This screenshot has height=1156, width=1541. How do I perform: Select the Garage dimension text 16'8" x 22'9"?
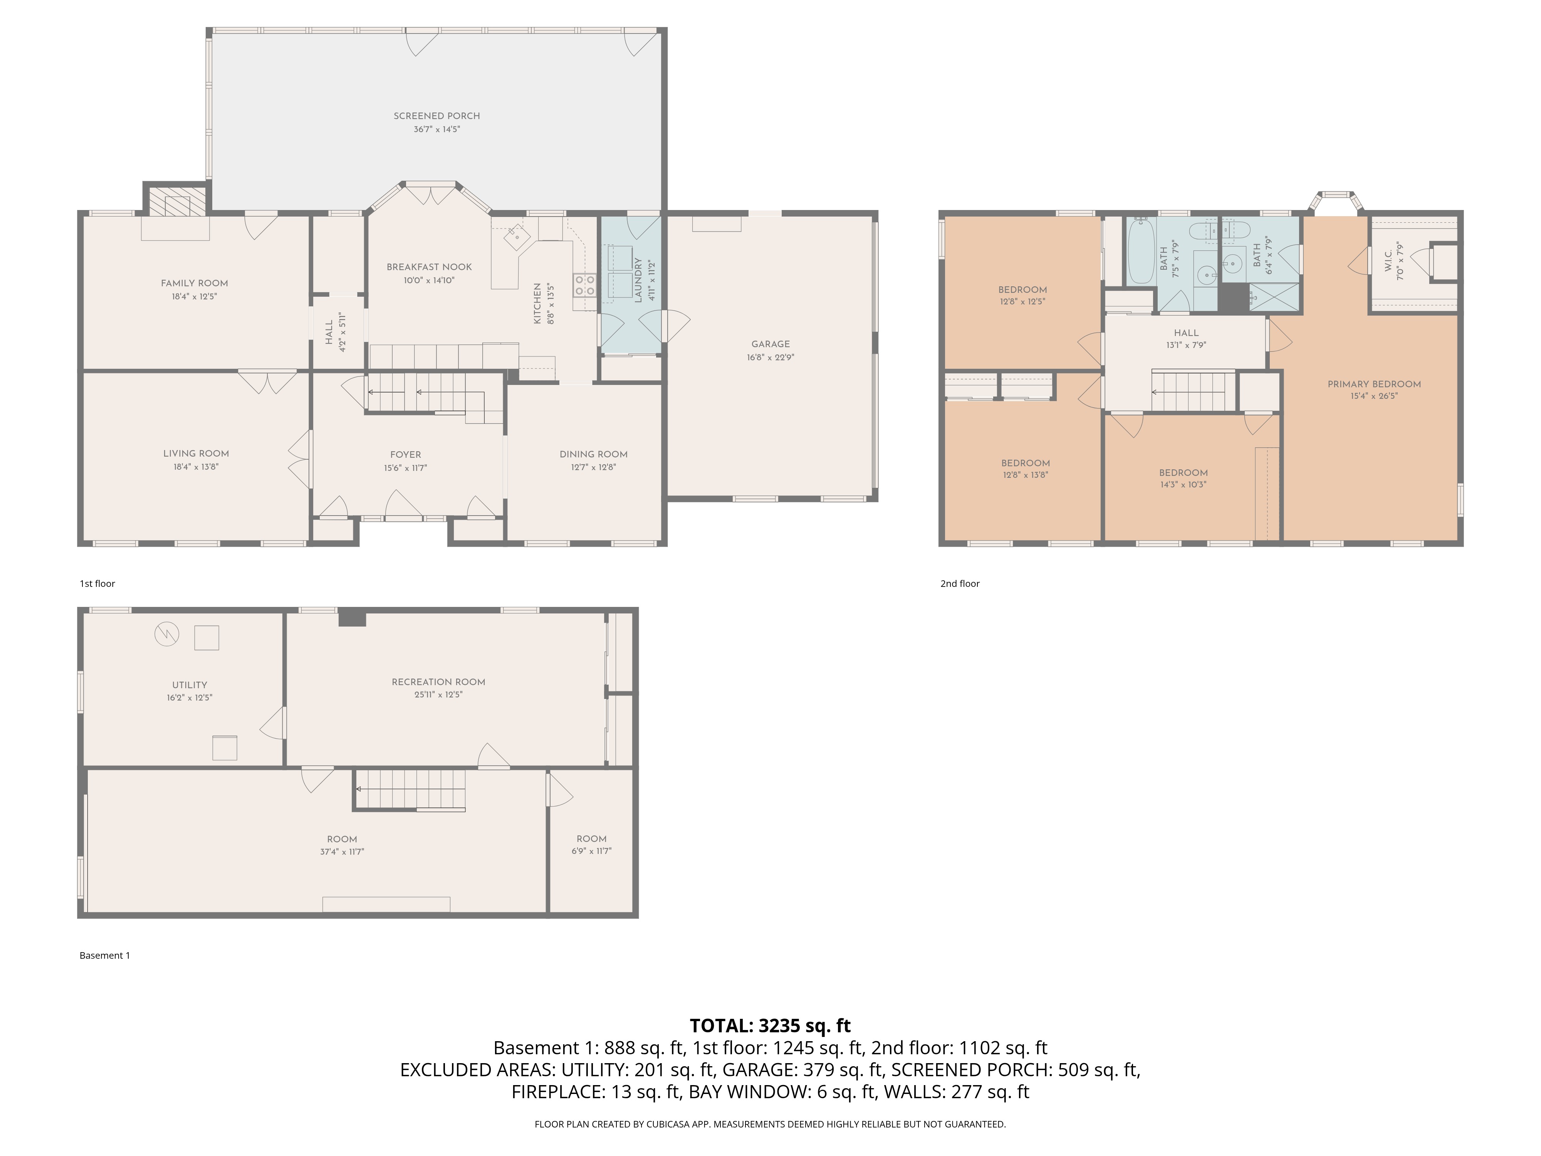[770, 358]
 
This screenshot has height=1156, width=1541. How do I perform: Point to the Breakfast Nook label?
[429, 267]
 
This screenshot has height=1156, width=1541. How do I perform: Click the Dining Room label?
[594, 454]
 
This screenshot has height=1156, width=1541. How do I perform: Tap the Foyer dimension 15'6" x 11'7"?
[405, 468]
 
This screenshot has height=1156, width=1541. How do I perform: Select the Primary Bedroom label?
[1374, 384]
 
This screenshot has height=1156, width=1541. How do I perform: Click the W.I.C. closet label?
[1388, 261]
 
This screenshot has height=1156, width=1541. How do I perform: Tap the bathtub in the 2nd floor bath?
[1141, 251]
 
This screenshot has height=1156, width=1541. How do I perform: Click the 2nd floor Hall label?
[1186, 333]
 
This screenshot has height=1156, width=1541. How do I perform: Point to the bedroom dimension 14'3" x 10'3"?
[1183, 484]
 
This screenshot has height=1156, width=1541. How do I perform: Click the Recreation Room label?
[438, 682]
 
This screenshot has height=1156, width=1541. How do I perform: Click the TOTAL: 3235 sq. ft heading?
[770, 1026]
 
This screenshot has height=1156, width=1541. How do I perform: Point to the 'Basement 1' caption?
[104, 955]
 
